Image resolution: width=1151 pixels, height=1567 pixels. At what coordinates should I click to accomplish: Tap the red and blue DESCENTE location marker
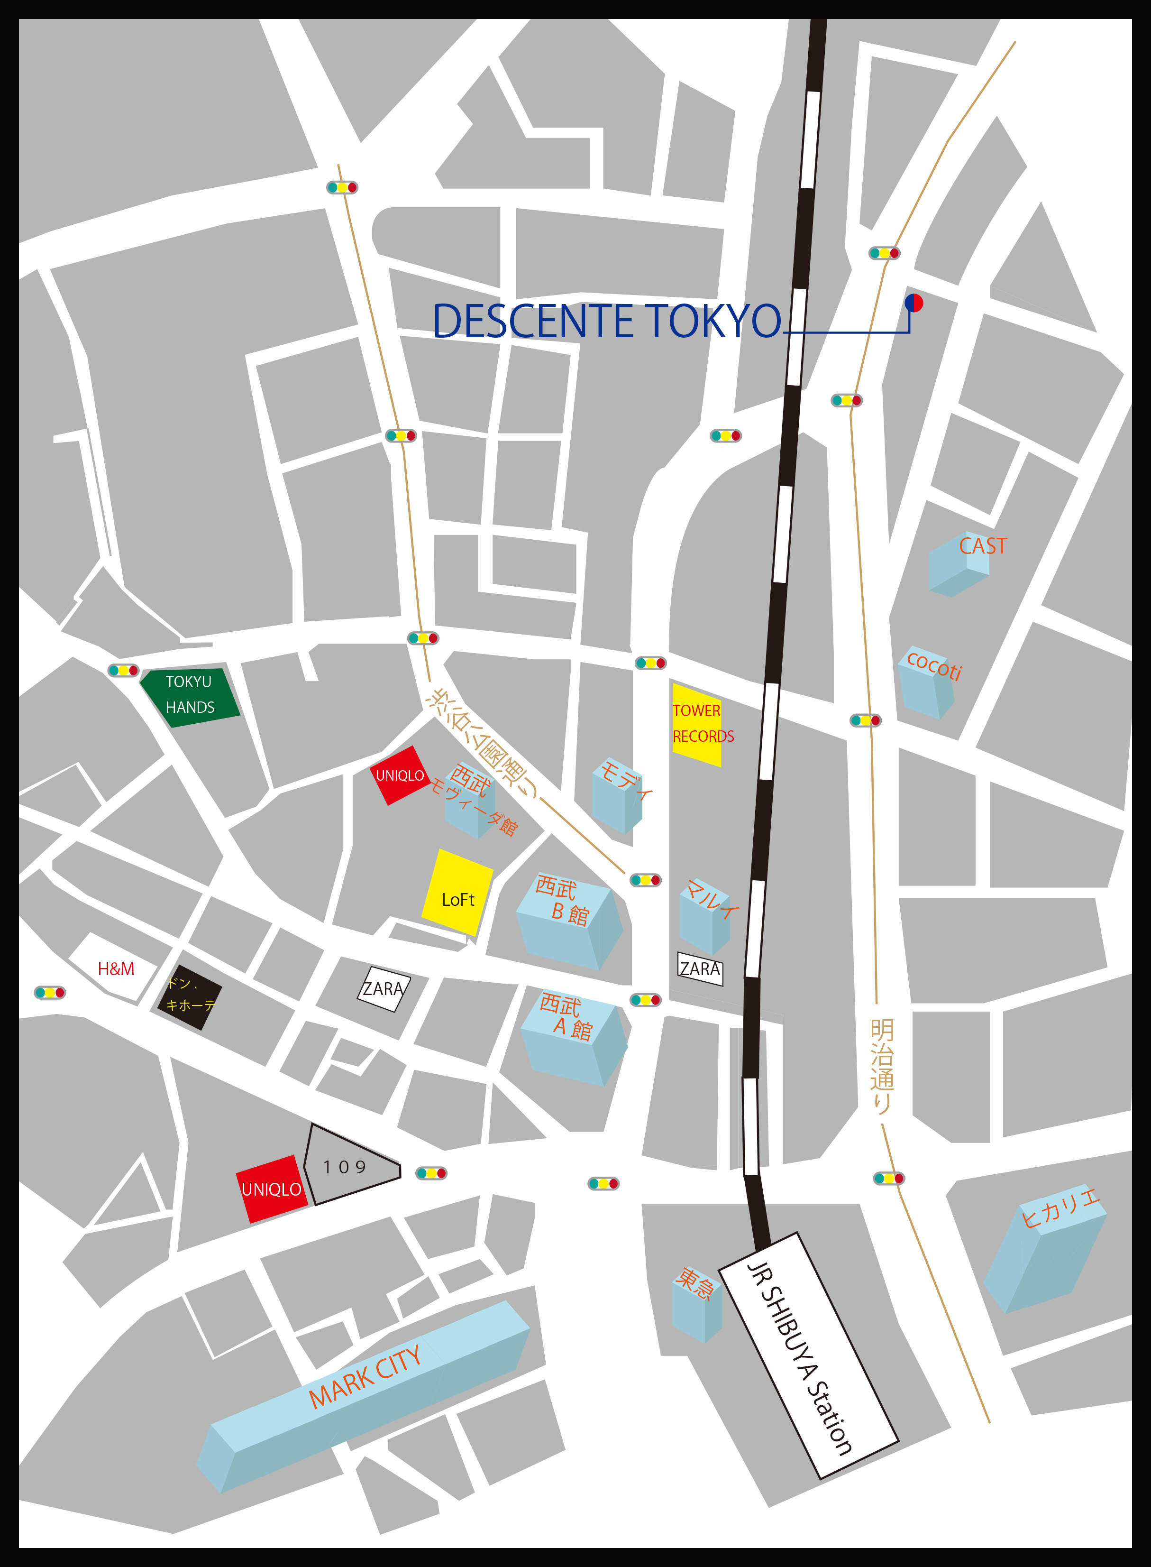pos(913,303)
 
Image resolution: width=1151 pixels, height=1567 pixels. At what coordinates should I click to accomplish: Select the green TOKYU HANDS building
pos(190,695)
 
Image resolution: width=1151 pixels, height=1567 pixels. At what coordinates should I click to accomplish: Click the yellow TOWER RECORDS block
pos(696,725)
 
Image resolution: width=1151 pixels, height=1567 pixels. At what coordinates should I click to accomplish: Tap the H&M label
pos(116,969)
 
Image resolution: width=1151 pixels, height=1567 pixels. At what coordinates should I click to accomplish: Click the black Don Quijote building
pos(190,997)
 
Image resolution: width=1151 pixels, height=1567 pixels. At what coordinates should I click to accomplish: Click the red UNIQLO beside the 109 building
pos(271,1189)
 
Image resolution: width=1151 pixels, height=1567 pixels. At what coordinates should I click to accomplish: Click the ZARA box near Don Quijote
pos(383,988)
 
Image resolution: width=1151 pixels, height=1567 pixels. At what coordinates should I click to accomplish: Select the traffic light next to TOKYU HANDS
pos(123,671)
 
